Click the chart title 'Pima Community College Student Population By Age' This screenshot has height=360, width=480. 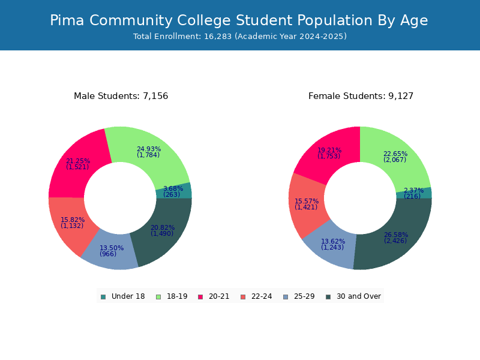pos(239,20)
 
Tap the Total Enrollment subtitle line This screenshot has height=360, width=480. pos(240,37)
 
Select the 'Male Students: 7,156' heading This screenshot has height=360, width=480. pos(121,96)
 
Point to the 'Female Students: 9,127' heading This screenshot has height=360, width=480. pos(361,96)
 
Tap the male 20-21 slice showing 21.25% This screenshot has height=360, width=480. pos(78,164)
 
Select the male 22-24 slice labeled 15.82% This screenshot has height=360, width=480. pos(73,223)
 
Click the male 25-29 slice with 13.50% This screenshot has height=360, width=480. pos(111,251)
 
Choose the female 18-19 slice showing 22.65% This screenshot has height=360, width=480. pos(395,157)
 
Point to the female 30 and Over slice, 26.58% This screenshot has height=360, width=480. pos(395,238)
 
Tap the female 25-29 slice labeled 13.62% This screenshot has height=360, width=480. pos(332,244)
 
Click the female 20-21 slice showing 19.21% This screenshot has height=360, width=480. pos(329,153)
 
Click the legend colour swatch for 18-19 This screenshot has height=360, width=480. pos(158,296)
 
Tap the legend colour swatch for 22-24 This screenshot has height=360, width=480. pos(243,296)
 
